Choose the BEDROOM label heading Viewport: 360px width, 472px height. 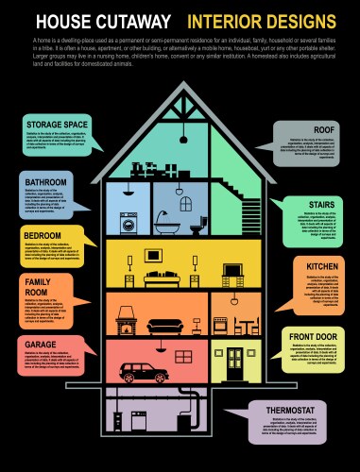43,234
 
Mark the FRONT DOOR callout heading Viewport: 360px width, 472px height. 313,336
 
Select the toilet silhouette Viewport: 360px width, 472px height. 224,227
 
